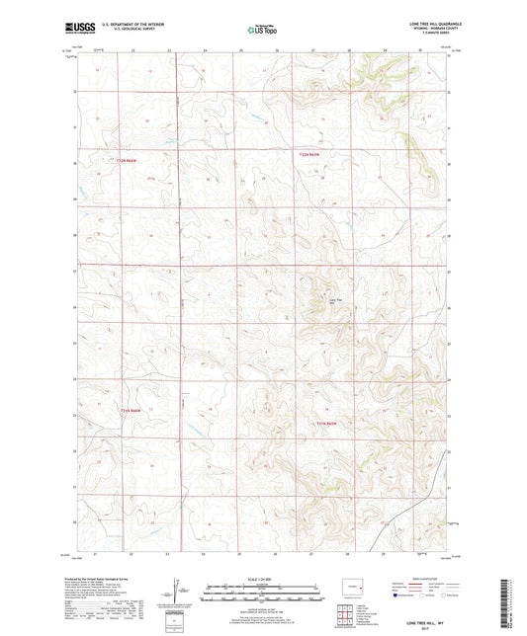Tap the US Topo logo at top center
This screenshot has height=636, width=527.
[258, 31]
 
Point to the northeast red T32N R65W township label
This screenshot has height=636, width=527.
[310, 156]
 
